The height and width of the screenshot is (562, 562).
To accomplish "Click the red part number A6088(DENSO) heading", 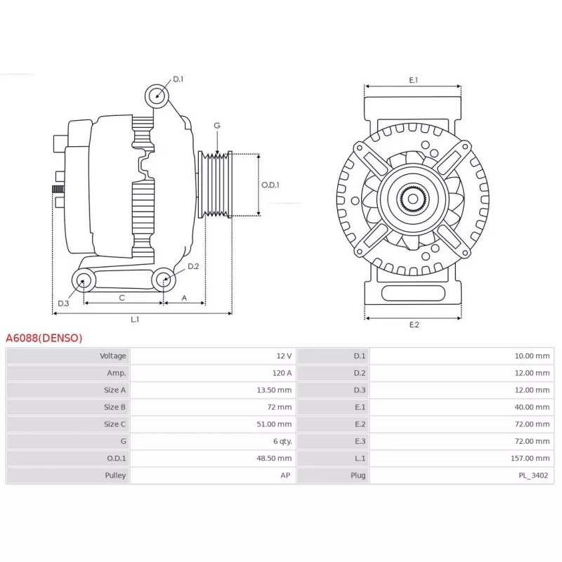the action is [44, 338].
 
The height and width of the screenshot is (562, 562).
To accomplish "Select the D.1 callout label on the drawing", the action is [178, 79].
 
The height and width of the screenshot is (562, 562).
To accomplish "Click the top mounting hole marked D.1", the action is [157, 96].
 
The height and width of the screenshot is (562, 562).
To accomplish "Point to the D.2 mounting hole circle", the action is [164, 280].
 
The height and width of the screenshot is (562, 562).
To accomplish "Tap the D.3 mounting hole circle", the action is [84, 280].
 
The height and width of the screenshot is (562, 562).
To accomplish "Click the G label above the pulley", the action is [217, 126].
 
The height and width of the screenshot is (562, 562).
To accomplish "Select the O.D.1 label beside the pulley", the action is [270, 185].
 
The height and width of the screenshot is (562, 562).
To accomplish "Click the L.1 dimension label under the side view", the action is [135, 320].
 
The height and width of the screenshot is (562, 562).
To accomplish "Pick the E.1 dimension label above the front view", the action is [414, 80].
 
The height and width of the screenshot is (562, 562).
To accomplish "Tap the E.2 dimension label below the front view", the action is [414, 325].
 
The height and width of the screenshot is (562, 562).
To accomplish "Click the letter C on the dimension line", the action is [122, 298].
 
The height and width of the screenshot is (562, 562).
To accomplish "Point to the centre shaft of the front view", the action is [413, 199].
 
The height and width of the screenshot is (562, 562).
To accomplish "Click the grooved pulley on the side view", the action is [216, 185].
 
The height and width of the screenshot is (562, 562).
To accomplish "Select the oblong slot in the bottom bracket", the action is [413, 293].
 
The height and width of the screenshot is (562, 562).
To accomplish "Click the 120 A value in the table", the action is [282, 373].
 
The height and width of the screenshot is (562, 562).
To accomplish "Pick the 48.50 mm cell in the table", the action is [274, 459].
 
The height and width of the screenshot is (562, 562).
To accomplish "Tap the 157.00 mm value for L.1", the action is [530, 459].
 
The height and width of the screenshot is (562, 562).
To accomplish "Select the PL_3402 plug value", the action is [533, 476].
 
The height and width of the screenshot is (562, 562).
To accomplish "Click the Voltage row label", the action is [113, 356].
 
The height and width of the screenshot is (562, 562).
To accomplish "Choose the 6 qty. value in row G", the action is [282, 442].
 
